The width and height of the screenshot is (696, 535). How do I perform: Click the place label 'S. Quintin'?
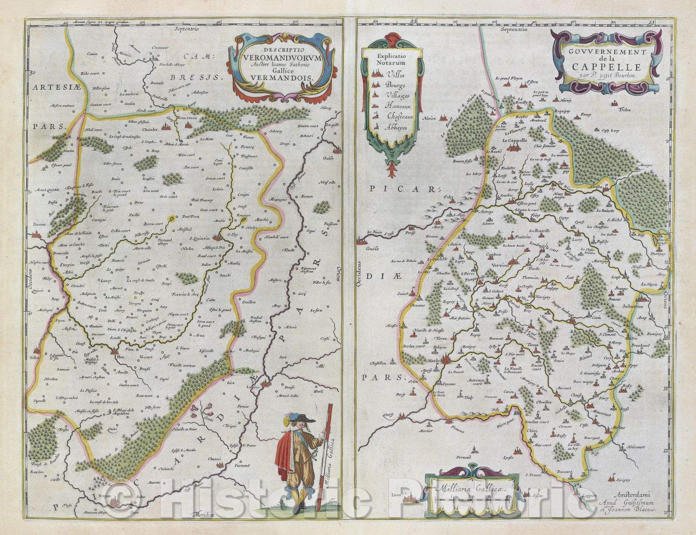pos(200,238)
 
